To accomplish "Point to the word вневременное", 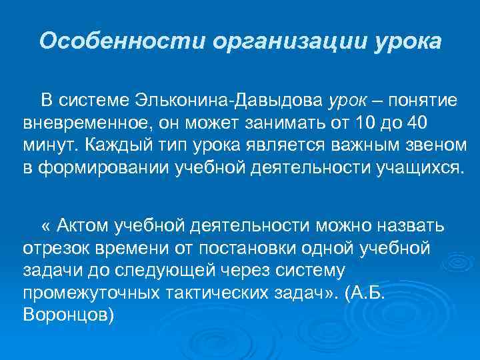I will click(x=83, y=124).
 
